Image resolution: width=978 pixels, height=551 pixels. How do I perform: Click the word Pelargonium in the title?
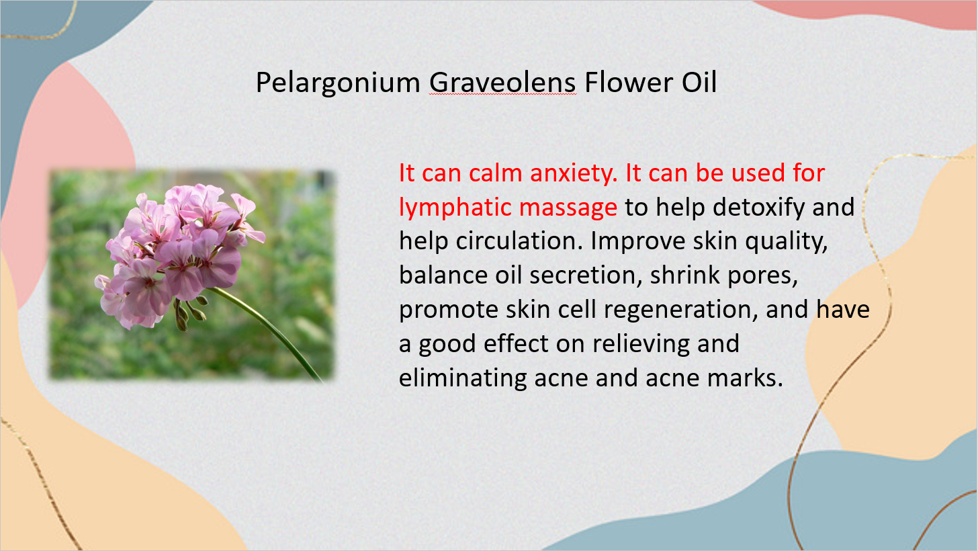(338, 83)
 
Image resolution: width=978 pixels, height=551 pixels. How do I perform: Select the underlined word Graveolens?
(502, 82)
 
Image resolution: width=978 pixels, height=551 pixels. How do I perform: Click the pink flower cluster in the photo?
(179, 255)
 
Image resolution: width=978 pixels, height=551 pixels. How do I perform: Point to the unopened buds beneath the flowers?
(191, 313)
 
